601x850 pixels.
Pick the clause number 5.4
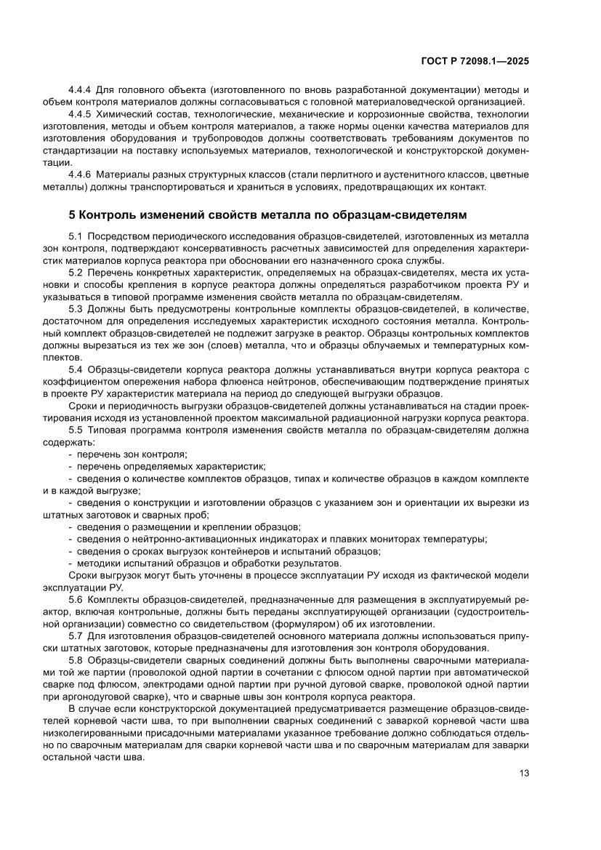pos(76,369)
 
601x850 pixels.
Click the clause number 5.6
pos(76,599)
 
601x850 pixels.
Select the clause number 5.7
pos(76,636)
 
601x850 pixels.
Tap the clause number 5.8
pos(76,659)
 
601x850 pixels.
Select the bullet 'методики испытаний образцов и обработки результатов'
pos(207,563)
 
